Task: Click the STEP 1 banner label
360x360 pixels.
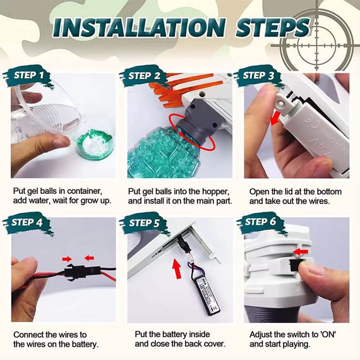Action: (x=28, y=76)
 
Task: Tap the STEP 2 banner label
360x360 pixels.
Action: (x=144, y=76)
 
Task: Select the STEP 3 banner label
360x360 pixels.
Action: (x=258, y=76)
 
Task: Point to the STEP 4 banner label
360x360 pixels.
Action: (x=27, y=222)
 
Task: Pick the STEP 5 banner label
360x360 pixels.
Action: (x=144, y=223)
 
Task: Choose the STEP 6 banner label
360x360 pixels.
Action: (x=260, y=222)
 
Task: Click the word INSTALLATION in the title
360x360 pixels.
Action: (x=140, y=28)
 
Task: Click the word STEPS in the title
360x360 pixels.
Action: (x=273, y=28)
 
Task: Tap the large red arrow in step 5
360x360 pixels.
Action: (x=177, y=268)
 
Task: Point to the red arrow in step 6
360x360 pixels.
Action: (x=301, y=252)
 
